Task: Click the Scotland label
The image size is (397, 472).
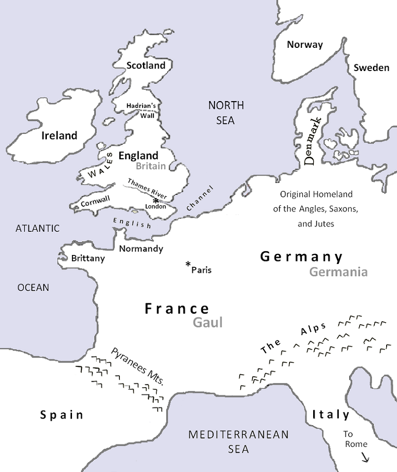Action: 145,66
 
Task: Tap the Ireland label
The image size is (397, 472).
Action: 59,136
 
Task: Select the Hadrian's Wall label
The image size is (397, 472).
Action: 141,109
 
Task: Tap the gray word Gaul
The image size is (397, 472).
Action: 208,323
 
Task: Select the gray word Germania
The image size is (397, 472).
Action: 338,271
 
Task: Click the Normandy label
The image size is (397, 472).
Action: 141,249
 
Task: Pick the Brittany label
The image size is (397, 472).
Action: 88,258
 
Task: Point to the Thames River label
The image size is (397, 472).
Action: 147,188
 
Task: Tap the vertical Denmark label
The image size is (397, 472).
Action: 312,141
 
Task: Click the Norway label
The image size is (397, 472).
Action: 305,45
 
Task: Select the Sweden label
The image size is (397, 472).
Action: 371,68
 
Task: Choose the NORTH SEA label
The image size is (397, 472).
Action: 226,112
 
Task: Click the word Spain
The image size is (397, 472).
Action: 62,415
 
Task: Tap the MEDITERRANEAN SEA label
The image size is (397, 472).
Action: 238,442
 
